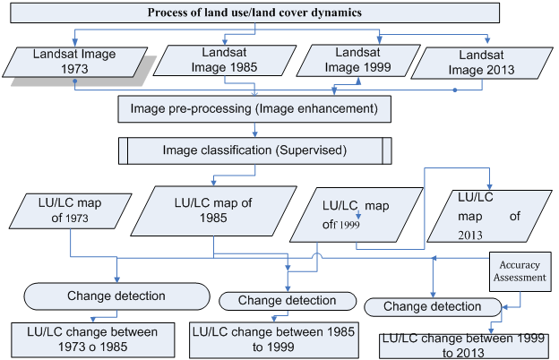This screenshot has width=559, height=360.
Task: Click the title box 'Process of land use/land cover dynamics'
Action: [x=254, y=13]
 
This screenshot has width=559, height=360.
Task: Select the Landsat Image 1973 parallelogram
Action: [x=75, y=62]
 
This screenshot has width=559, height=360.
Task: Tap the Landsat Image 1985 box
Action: [x=225, y=60]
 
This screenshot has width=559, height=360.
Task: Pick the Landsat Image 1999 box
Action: [x=358, y=60]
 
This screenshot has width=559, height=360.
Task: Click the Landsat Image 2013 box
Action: [x=482, y=63]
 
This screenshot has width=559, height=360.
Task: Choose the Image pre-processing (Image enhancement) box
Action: [x=254, y=108]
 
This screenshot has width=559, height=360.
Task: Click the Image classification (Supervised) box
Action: [x=255, y=150]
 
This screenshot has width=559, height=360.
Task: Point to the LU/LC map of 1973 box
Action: [x=70, y=211]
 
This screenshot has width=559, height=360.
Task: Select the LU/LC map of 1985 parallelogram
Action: [x=213, y=210]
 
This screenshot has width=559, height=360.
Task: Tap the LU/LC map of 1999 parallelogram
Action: [x=357, y=215]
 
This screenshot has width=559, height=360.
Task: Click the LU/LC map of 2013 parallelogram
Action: [x=489, y=216]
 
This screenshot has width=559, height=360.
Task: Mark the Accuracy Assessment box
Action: [x=520, y=271]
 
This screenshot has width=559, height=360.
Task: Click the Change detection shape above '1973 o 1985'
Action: [x=117, y=296]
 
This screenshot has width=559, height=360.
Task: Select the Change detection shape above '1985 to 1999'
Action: [x=288, y=301]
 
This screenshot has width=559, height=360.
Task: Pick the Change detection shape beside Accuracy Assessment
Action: [x=433, y=307]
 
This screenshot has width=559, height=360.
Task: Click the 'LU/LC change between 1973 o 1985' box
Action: [x=92, y=339]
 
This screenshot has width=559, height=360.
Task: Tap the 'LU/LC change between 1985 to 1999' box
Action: [x=274, y=340]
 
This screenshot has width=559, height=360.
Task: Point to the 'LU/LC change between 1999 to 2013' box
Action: [x=464, y=346]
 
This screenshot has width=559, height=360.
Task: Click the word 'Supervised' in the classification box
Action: [x=311, y=150]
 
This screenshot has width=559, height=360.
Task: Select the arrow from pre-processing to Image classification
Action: [x=255, y=130]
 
